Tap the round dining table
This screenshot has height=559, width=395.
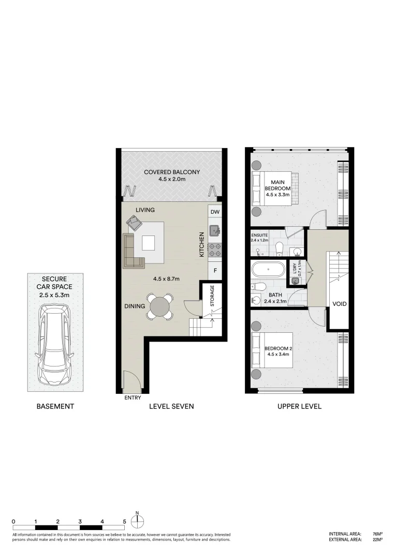pyautogui.click(x=160, y=306)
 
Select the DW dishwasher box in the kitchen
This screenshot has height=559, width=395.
pyautogui.click(x=215, y=212)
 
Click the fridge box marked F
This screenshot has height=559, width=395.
pyautogui.click(x=215, y=270)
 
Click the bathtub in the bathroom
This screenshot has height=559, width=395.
pyautogui.click(x=268, y=270)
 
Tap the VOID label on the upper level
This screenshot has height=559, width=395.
pyautogui.click(x=339, y=304)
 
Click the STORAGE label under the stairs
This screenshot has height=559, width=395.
pyautogui.click(x=211, y=297)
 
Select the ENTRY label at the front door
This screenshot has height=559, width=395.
pyautogui.click(x=133, y=398)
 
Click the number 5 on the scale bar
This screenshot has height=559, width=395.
pyautogui.click(x=124, y=521)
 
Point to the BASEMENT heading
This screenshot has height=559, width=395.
pyautogui.click(x=55, y=406)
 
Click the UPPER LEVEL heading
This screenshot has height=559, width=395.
pyautogui.click(x=300, y=406)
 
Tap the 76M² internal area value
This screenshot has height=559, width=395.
pyautogui.click(x=377, y=534)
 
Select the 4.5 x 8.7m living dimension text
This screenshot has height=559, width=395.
pyautogui.click(x=166, y=278)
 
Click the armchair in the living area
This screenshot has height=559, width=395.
pyautogui.click(x=135, y=223)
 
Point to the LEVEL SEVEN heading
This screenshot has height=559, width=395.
pyautogui.click(x=171, y=406)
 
